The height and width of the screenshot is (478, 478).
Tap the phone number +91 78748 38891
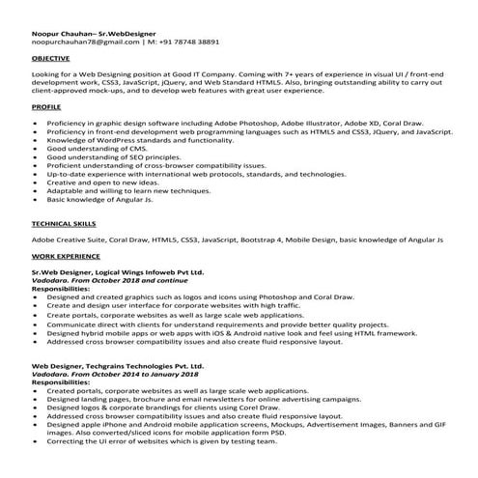[x=183, y=43]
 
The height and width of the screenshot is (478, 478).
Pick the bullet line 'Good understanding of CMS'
[x=97, y=149]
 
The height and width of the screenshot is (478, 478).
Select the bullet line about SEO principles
[x=112, y=157]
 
